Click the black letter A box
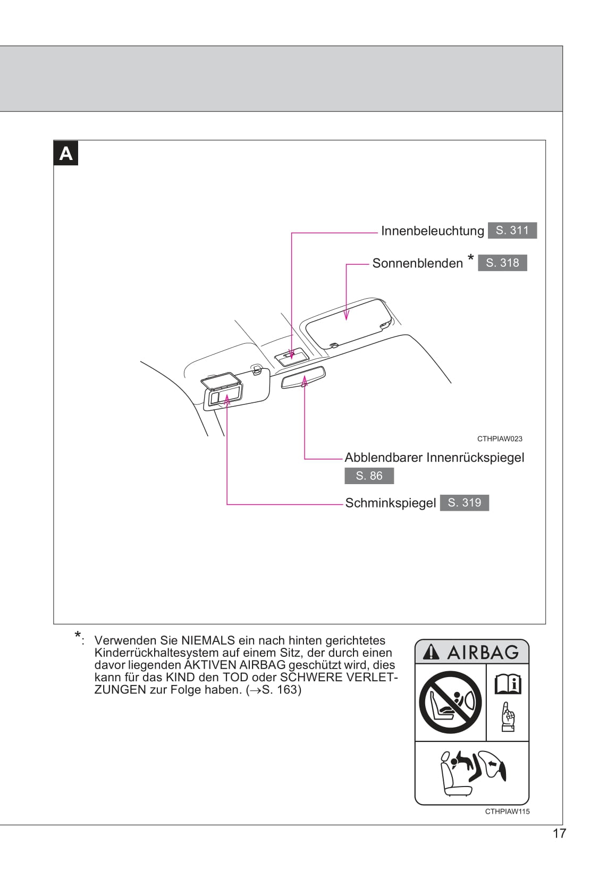[66, 154]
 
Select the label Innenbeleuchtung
[432, 231]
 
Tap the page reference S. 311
[512, 231]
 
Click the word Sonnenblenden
[417, 264]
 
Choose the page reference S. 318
[502, 263]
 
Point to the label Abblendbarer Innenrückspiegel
[434, 458]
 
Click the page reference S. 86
[369, 476]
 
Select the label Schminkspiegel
[390, 503]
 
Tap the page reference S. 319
[464, 503]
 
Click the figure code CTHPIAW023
[500, 439]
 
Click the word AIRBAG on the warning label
[483, 652]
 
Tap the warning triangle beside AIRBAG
[432, 652]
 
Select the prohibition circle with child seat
[450, 702]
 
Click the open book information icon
[508, 684]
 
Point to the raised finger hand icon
[508, 717]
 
